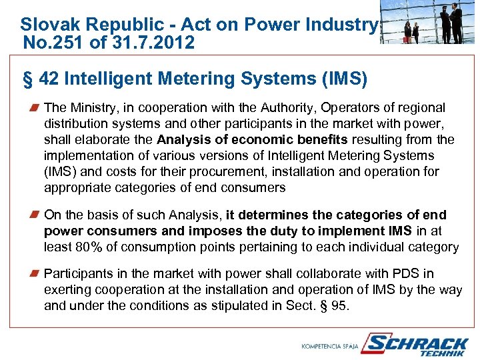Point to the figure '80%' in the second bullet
pyautogui.click(x=88, y=247)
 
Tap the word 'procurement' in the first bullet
pyautogui.click(x=245, y=171)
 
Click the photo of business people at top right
pyautogui.click(x=428, y=22)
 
